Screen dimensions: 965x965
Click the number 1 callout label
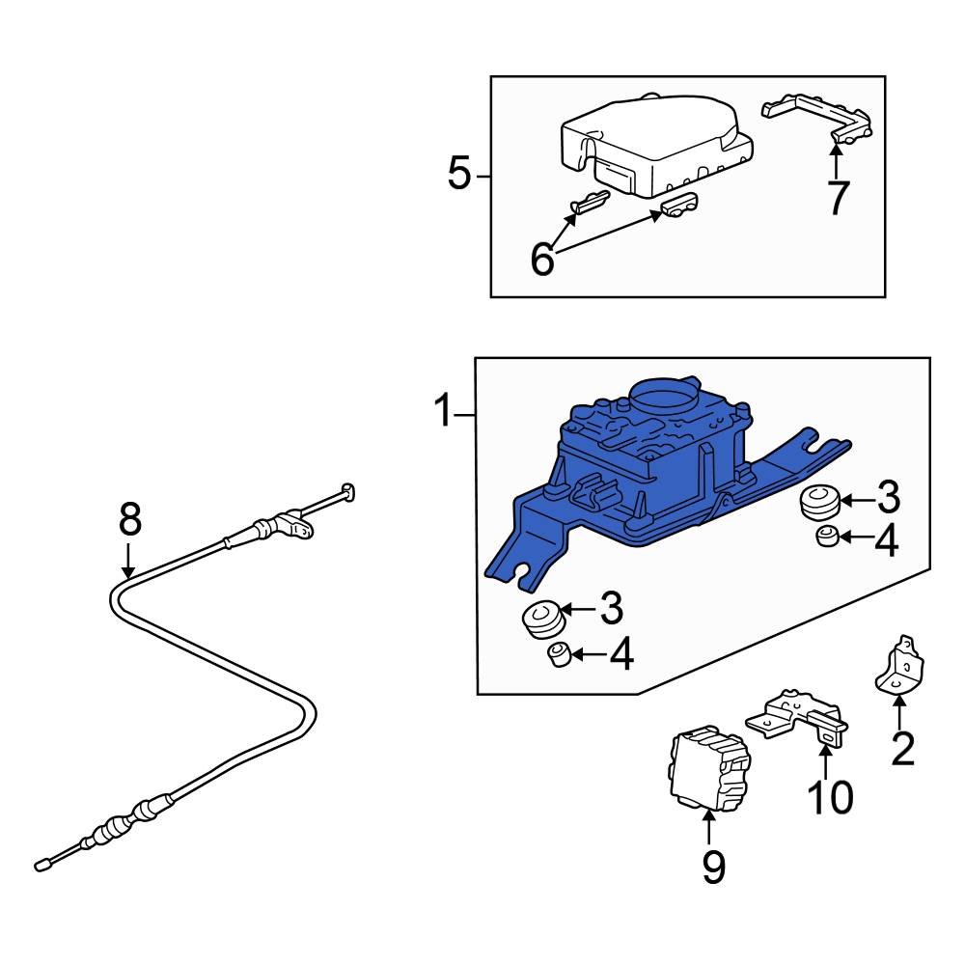pyautogui.click(x=443, y=413)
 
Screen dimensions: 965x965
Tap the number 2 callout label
pyautogui.click(x=901, y=750)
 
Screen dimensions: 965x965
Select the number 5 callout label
pyautogui.click(x=459, y=175)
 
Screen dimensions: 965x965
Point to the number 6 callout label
pyautogui.click(x=543, y=259)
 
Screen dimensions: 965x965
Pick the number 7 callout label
pyautogui.click(x=837, y=198)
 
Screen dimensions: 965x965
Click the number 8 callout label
pyautogui.click(x=129, y=520)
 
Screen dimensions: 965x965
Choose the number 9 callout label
pyautogui.click(x=711, y=868)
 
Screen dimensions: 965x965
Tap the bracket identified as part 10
pyautogui.click(x=796, y=719)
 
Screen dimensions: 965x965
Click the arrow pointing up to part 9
pyautogui.click(x=710, y=828)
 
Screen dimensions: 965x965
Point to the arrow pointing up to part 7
pyautogui.click(x=837, y=159)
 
